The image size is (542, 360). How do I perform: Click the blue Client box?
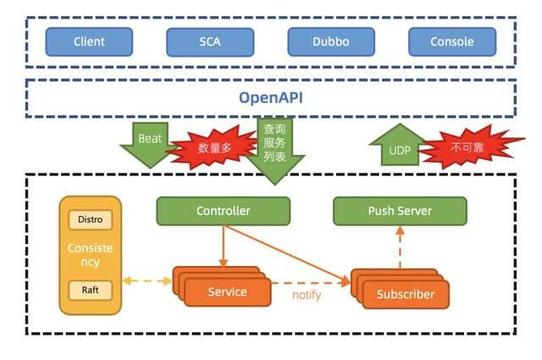point(89,42)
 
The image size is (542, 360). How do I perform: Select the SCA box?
point(209,42)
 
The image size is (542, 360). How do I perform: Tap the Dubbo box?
point(330,42)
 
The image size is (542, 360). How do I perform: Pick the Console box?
point(451,42)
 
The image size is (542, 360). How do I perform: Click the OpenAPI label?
point(270,97)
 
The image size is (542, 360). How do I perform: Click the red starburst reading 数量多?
point(214,148)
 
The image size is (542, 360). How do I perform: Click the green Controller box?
point(223,211)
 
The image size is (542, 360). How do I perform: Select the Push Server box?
point(400,211)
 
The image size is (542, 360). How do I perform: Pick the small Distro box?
point(90,219)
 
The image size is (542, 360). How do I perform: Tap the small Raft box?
point(90,289)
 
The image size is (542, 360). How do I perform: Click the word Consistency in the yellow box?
point(90,255)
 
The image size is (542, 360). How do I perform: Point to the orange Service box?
point(227,292)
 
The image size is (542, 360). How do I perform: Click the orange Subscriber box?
point(405,295)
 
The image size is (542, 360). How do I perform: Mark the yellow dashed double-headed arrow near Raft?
point(147,281)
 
